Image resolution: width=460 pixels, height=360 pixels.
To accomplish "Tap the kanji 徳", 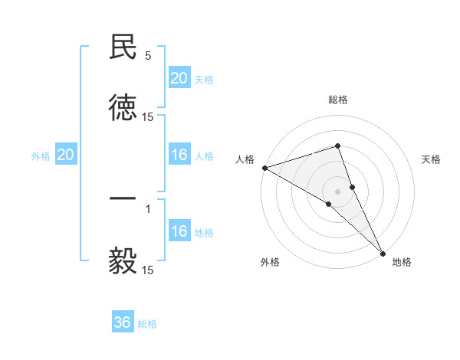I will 123,107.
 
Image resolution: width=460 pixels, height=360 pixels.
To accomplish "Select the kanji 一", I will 123,198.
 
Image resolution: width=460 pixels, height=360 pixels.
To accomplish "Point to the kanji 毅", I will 123,260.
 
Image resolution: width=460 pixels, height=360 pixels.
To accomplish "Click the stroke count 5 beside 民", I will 148,56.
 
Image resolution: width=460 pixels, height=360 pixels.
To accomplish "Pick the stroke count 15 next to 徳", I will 148,117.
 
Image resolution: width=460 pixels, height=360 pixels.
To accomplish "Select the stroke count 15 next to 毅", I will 148,270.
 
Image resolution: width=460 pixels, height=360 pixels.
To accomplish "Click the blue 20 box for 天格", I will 179,78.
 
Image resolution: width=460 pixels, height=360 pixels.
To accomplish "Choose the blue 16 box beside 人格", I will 179,155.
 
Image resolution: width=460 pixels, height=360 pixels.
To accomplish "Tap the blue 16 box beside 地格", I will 179,231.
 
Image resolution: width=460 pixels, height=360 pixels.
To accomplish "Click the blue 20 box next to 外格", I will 66,155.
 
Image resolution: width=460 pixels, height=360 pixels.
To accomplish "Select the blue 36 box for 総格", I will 123,322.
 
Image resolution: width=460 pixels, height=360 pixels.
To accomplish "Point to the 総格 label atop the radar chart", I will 338,100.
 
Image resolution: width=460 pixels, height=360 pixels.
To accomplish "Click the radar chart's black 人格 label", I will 245,159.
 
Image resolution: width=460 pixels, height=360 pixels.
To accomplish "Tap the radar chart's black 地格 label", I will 402,262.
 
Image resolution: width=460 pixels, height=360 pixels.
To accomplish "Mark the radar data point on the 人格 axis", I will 264,168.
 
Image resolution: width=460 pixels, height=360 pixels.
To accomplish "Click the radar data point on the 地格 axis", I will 383,252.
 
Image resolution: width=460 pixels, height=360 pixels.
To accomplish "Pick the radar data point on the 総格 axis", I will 338,146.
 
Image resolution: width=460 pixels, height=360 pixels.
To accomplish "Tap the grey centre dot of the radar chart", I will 338,191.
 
